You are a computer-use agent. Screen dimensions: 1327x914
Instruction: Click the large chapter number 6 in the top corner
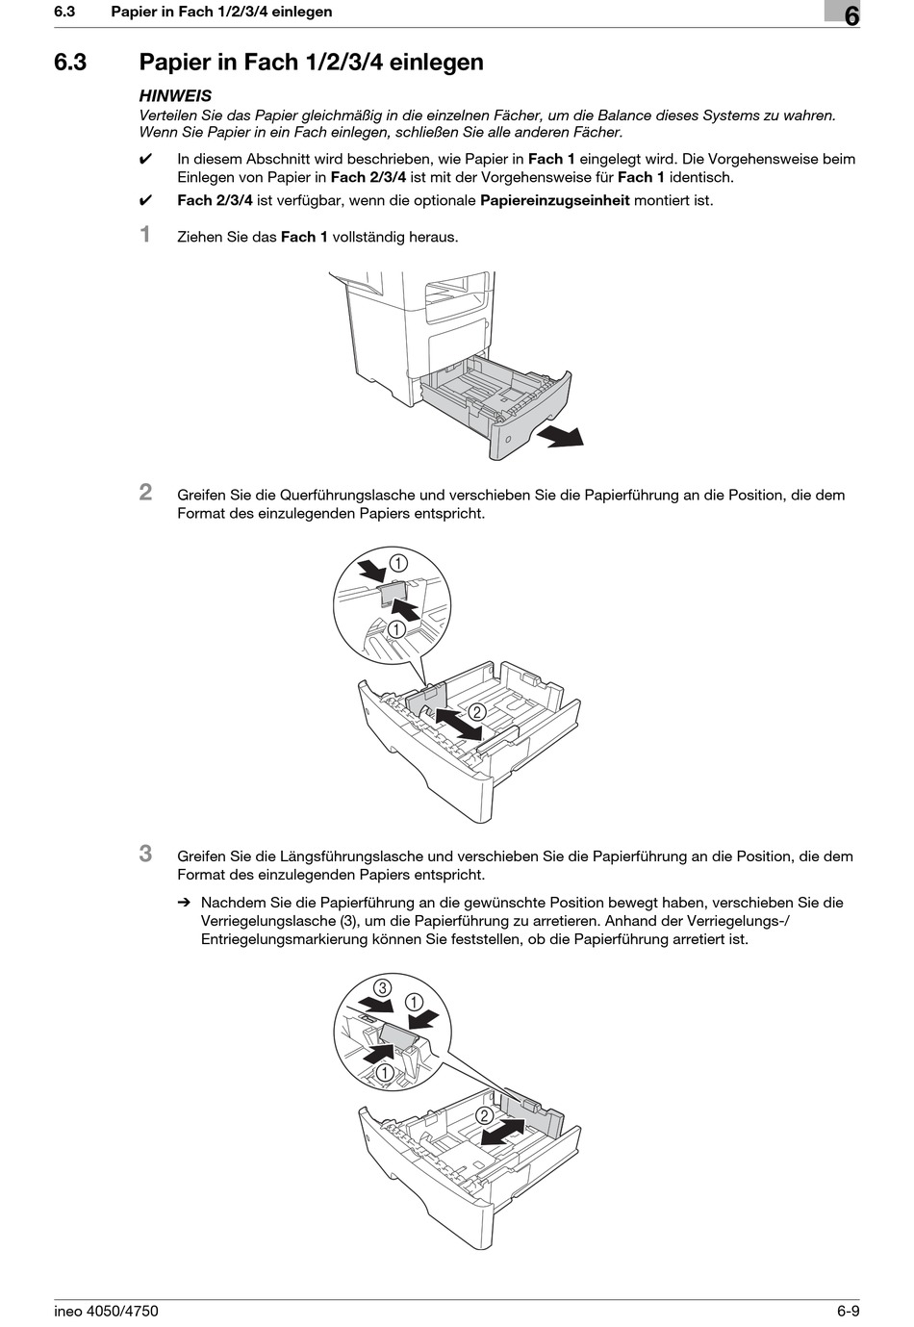pos(851,15)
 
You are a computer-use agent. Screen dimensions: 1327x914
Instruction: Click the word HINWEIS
pos(175,95)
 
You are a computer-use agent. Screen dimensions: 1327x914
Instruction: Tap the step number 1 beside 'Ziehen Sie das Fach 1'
pos(145,234)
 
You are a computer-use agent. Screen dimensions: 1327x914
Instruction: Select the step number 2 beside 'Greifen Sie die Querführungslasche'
pos(145,492)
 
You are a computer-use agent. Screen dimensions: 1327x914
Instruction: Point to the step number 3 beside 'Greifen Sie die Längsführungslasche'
pos(145,853)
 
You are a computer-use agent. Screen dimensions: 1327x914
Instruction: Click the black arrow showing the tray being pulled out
pos(560,437)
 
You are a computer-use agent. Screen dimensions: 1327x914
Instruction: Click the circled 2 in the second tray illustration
pos(476,712)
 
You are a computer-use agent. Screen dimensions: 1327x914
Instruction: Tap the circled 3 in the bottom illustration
pos(382,987)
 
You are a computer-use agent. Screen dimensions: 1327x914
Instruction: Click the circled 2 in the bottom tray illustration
pos(484,1115)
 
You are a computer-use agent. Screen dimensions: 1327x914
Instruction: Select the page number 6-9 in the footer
pos(848,1311)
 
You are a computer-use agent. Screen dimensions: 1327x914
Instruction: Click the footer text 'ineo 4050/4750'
pos(106,1311)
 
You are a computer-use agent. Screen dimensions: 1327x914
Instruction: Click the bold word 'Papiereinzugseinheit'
pos(554,200)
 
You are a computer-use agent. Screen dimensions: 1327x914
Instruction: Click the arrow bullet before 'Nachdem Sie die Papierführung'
pos(183,903)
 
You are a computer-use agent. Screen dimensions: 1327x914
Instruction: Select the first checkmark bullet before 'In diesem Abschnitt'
pos(146,160)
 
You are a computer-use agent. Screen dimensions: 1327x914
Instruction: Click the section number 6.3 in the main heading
pos(70,63)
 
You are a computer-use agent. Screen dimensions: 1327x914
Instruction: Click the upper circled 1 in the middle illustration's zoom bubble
pos(397,563)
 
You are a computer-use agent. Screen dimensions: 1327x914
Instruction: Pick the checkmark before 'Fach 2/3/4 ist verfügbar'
pos(146,201)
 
